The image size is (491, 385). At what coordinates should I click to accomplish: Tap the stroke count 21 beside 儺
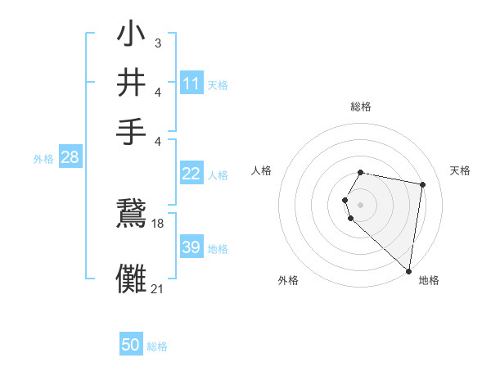point(158,288)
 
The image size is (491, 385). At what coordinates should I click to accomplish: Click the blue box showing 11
point(191,83)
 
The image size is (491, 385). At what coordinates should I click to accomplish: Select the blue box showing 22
point(191,174)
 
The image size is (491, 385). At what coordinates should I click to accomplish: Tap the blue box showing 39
point(191,247)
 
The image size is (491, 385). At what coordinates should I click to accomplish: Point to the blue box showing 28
point(70,158)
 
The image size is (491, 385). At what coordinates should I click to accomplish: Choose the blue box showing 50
point(131,345)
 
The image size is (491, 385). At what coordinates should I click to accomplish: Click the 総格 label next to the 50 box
point(157,346)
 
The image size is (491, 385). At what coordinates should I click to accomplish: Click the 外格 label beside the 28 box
point(43,160)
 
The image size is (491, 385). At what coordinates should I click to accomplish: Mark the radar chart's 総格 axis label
point(360,106)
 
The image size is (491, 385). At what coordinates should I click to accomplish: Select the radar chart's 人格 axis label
point(262,170)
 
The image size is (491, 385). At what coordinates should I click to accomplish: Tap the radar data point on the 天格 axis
point(422,185)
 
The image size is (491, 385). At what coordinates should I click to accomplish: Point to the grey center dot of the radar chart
point(360,204)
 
